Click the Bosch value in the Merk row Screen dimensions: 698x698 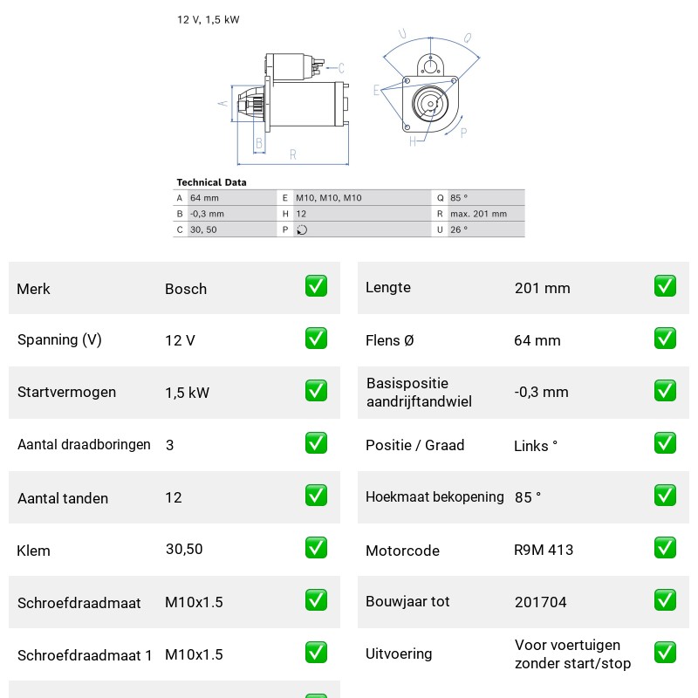(x=186, y=289)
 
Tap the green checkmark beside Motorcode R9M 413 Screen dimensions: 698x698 (x=665, y=548)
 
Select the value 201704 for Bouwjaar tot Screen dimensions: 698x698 (x=540, y=602)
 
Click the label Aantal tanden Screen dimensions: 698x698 (x=63, y=498)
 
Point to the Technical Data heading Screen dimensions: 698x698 (x=211, y=182)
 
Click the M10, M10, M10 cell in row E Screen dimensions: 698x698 (x=329, y=198)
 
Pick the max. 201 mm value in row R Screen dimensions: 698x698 (x=478, y=214)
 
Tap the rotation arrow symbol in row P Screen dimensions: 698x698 (x=302, y=229)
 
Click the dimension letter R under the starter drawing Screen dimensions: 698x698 (x=292, y=154)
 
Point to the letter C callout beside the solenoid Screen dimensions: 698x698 (x=341, y=68)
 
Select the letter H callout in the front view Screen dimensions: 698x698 (x=413, y=141)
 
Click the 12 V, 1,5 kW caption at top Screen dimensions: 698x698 (x=209, y=19)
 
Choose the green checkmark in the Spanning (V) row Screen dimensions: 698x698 (x=316, y=339)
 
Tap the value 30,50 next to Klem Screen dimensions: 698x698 (x=184, y=550)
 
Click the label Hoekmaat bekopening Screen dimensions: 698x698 (x=435, y=496)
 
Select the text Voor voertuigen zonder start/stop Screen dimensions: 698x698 (x=572, y=654)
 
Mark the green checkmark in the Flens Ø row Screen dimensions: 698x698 (x=665, y=339)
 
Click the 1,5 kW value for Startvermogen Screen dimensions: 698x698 (x=187, y=393)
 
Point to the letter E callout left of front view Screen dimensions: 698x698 (x=377, y=91)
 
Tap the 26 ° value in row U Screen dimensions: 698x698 (x=459, y=229)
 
